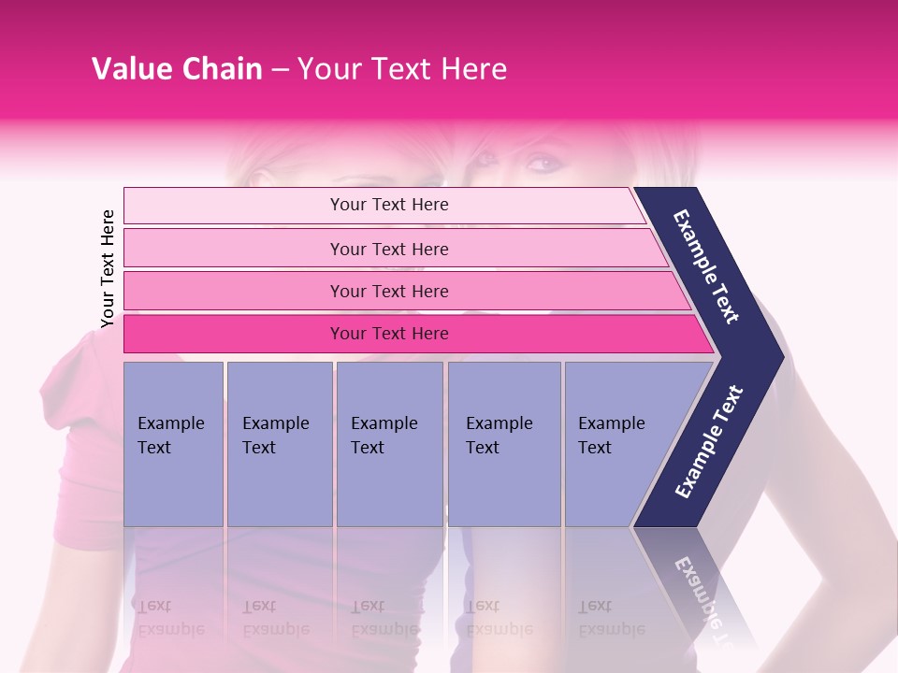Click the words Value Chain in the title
[177, 69]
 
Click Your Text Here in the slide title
[402, 69]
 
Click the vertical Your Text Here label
[108, 268]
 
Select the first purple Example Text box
[173, 444]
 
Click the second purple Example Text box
[279, 444]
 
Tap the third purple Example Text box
[389, 444]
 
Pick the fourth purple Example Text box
[504, 444]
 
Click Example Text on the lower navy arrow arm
[710, 441]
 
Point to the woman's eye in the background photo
[542, 165]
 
